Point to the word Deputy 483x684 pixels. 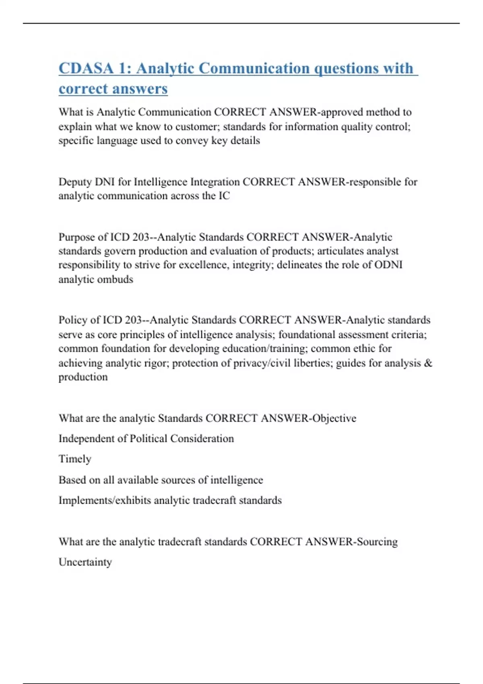click(75, 182)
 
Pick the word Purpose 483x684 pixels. click(76, 237)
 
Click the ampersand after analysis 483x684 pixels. click(428, 363)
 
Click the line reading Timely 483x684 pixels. click(75, 459)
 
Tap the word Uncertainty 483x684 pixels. click(85, 562)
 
